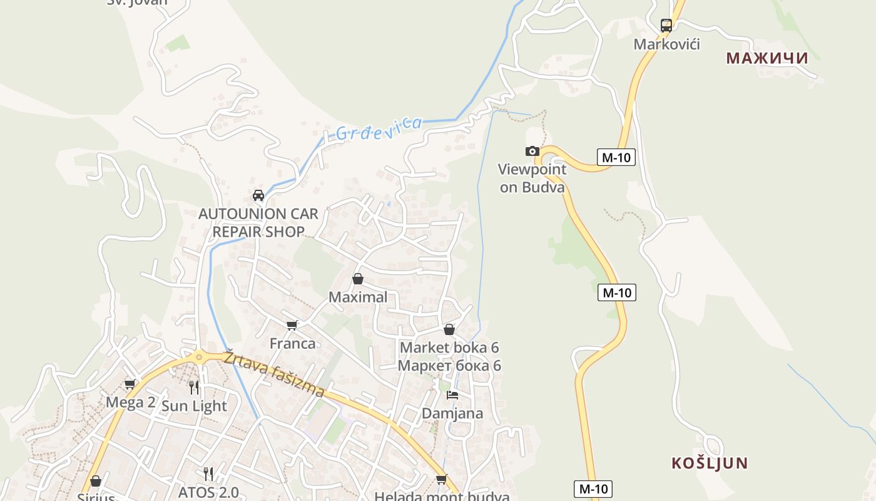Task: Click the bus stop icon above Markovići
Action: [x=666, y=26]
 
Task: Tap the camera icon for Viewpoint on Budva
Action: [x=532, y=151]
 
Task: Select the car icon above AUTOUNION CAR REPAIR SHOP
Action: [x=258, y=195]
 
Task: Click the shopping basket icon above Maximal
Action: [x=358, y=279]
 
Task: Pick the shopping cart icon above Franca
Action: [x=292, y=325]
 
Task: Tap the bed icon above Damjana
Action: [x=452, y=395]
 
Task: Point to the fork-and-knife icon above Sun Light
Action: [x=194, y=387]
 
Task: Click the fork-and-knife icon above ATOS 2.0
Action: [x=208, y=473]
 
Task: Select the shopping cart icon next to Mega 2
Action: [x=130, y=384]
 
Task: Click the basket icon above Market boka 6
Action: [x=449, y=329]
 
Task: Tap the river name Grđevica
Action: [x=379, y=128]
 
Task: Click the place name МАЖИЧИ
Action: [x=766, y=58]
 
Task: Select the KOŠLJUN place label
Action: [x=710, y=463]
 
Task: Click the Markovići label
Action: [x=666, y=44]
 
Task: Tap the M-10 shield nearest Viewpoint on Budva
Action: [x=616, y=157]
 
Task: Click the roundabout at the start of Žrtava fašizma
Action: [x=199, y=358]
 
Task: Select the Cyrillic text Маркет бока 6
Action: [x=449, y=365]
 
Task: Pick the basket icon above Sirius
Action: [x=96, y=481]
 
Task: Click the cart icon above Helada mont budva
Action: [x=441, y=480]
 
